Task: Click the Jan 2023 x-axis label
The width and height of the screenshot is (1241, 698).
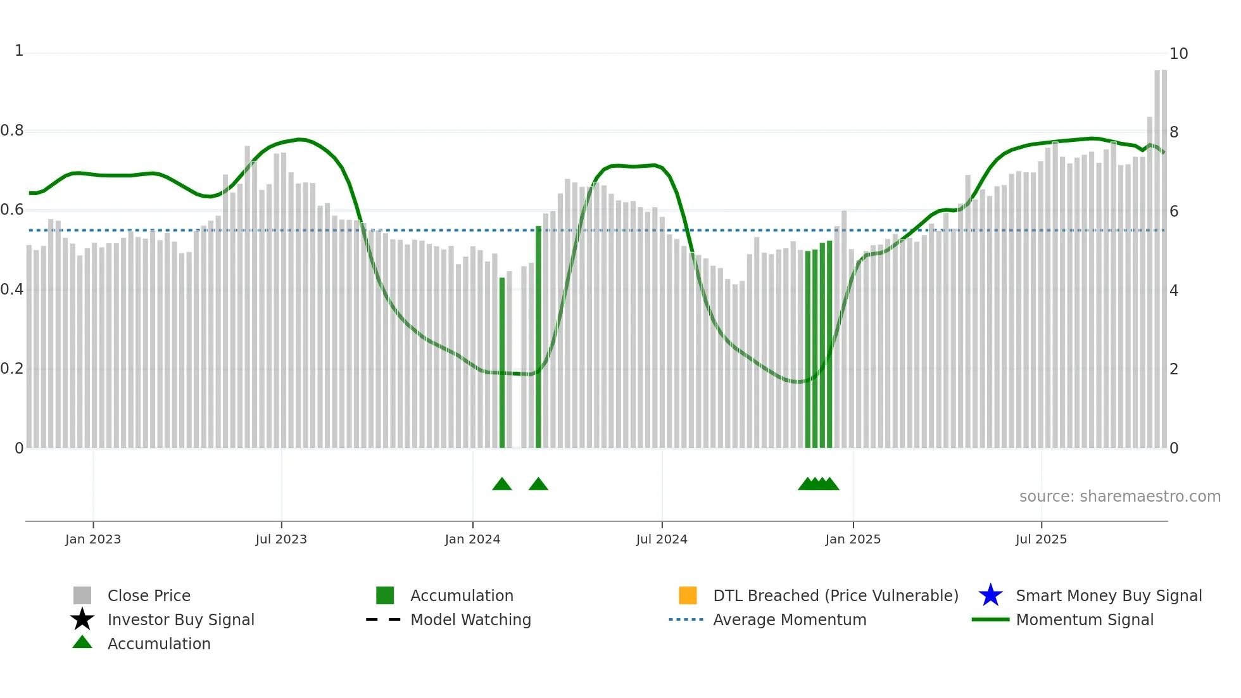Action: [x=92, y=539]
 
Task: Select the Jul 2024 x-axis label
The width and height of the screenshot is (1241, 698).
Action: [x=661, y=539]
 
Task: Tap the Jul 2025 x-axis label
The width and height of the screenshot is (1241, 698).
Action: [x=1040, y=539]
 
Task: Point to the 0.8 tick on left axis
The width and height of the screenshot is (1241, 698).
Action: [x=12, y=130]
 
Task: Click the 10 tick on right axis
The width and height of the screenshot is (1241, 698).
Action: [x=1178, y=54]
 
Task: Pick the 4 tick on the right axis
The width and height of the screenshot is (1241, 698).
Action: [x=1174, y=291]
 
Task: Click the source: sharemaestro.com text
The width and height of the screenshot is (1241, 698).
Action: [x=1119, y=497]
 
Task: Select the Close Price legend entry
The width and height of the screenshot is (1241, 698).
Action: [x=149, y=595]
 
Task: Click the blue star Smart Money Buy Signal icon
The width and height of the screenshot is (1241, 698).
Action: [x=990, y=595]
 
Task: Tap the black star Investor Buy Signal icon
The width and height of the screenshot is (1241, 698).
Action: [x=82, y=619]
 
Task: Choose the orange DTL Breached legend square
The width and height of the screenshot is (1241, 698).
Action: [x=688, y=595]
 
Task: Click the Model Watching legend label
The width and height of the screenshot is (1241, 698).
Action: [x=470, y=619]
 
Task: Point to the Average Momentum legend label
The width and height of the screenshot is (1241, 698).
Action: [x=790, y=619]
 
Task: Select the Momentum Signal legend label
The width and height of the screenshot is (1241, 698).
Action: [x=1085, y=619]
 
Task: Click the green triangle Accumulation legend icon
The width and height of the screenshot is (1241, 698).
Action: [x=82, y=642]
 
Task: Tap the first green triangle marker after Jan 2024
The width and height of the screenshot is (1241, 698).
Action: [x=502, y=485]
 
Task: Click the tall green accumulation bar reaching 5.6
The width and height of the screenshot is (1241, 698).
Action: [x=539, y=336]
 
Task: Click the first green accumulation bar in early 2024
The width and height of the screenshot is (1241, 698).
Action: [x=502, y=361]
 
